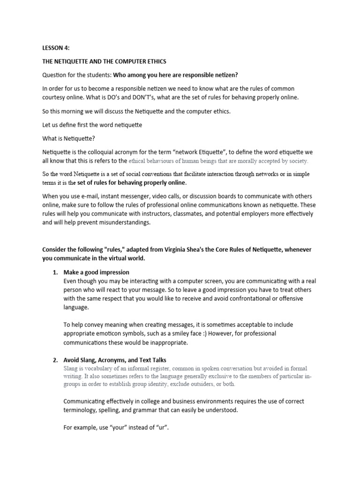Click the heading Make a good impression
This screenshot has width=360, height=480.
pyautogui.click(x=96, y=272)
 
